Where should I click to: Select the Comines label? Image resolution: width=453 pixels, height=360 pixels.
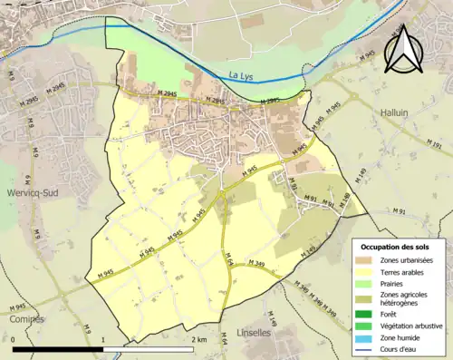tap(22, 320)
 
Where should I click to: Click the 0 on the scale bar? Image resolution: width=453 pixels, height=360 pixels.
tap(14, 340)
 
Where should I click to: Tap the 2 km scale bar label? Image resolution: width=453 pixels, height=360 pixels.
tap(198, 340)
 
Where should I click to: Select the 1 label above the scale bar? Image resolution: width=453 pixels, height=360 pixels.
tap(104, 340)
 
